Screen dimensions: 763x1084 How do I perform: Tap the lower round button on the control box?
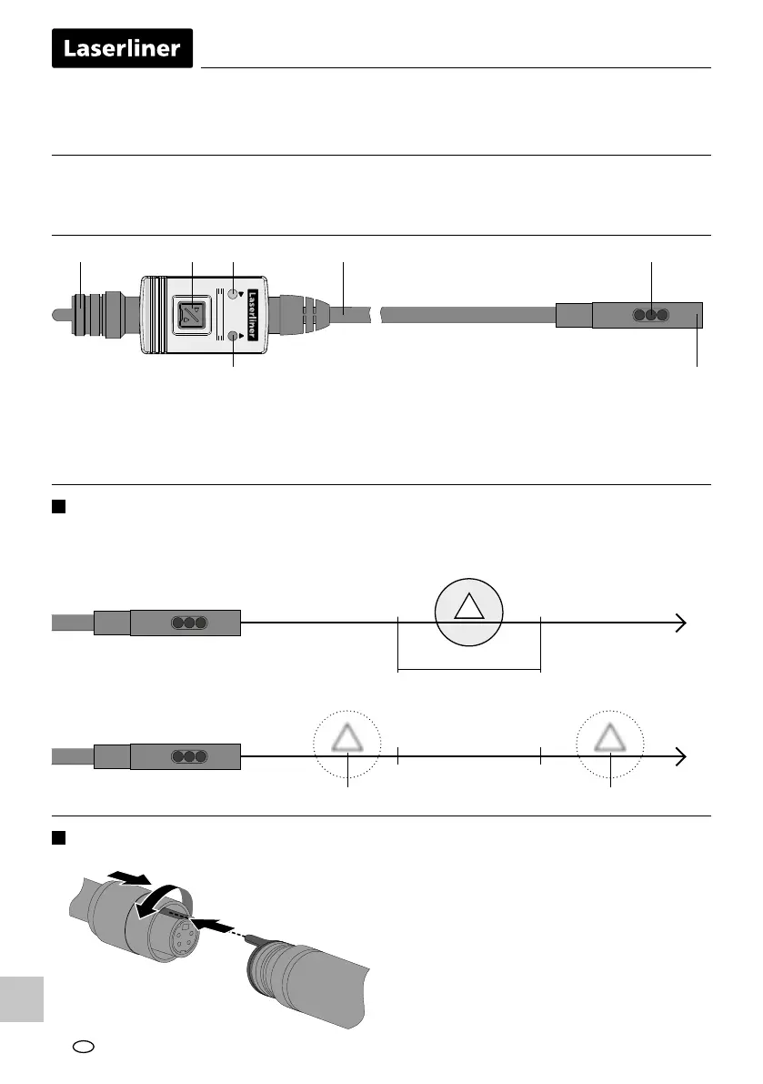point(234,337)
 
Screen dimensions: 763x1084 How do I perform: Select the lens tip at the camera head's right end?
point(698,316)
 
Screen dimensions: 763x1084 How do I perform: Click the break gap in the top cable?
point(376,316)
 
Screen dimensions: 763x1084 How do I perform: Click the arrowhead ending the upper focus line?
point(679,623)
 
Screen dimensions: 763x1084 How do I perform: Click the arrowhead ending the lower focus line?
point(679,756)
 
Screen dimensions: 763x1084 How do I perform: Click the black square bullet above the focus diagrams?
point(60,507)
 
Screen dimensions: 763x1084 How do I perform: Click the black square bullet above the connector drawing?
point(60,836)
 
